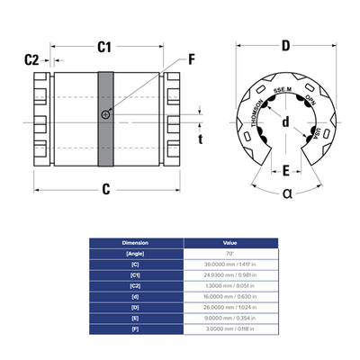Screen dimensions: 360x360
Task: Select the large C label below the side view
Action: [x=105, y=189]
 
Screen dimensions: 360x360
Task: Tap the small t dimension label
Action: [x=201, y=138]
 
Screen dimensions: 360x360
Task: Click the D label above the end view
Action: [x=285, y=45]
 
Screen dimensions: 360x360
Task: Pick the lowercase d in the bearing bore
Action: [x=285, y=122]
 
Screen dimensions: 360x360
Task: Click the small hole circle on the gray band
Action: [x=107, y=114]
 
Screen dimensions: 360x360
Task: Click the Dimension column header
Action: [x=136, y=243]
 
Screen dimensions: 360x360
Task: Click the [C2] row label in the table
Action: [x=136, y=293]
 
